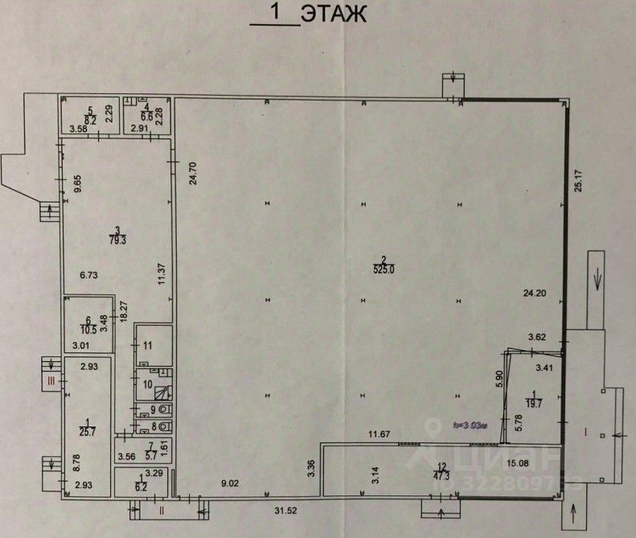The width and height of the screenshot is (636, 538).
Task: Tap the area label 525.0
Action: tap(382, 270)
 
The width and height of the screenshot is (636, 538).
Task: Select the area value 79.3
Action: tap(118, 239)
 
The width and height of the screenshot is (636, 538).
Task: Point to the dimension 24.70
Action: tap(192, 175)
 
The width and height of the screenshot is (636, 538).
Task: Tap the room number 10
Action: tap(147, 384)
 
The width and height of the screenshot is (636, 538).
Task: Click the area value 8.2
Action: tap(91, 120)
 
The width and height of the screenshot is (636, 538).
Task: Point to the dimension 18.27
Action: tap(124, 311)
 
